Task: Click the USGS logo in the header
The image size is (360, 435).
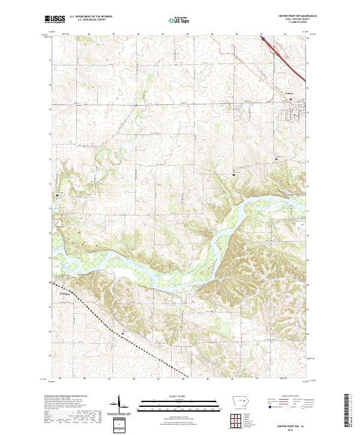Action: click(55, 19)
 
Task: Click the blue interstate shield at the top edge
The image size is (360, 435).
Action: click(262, 37)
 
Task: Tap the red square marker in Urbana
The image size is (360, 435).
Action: click(292, 100)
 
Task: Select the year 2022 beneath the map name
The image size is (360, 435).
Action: click(292, 428)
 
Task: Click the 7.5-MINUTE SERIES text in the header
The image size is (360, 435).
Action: click(293, 25)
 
